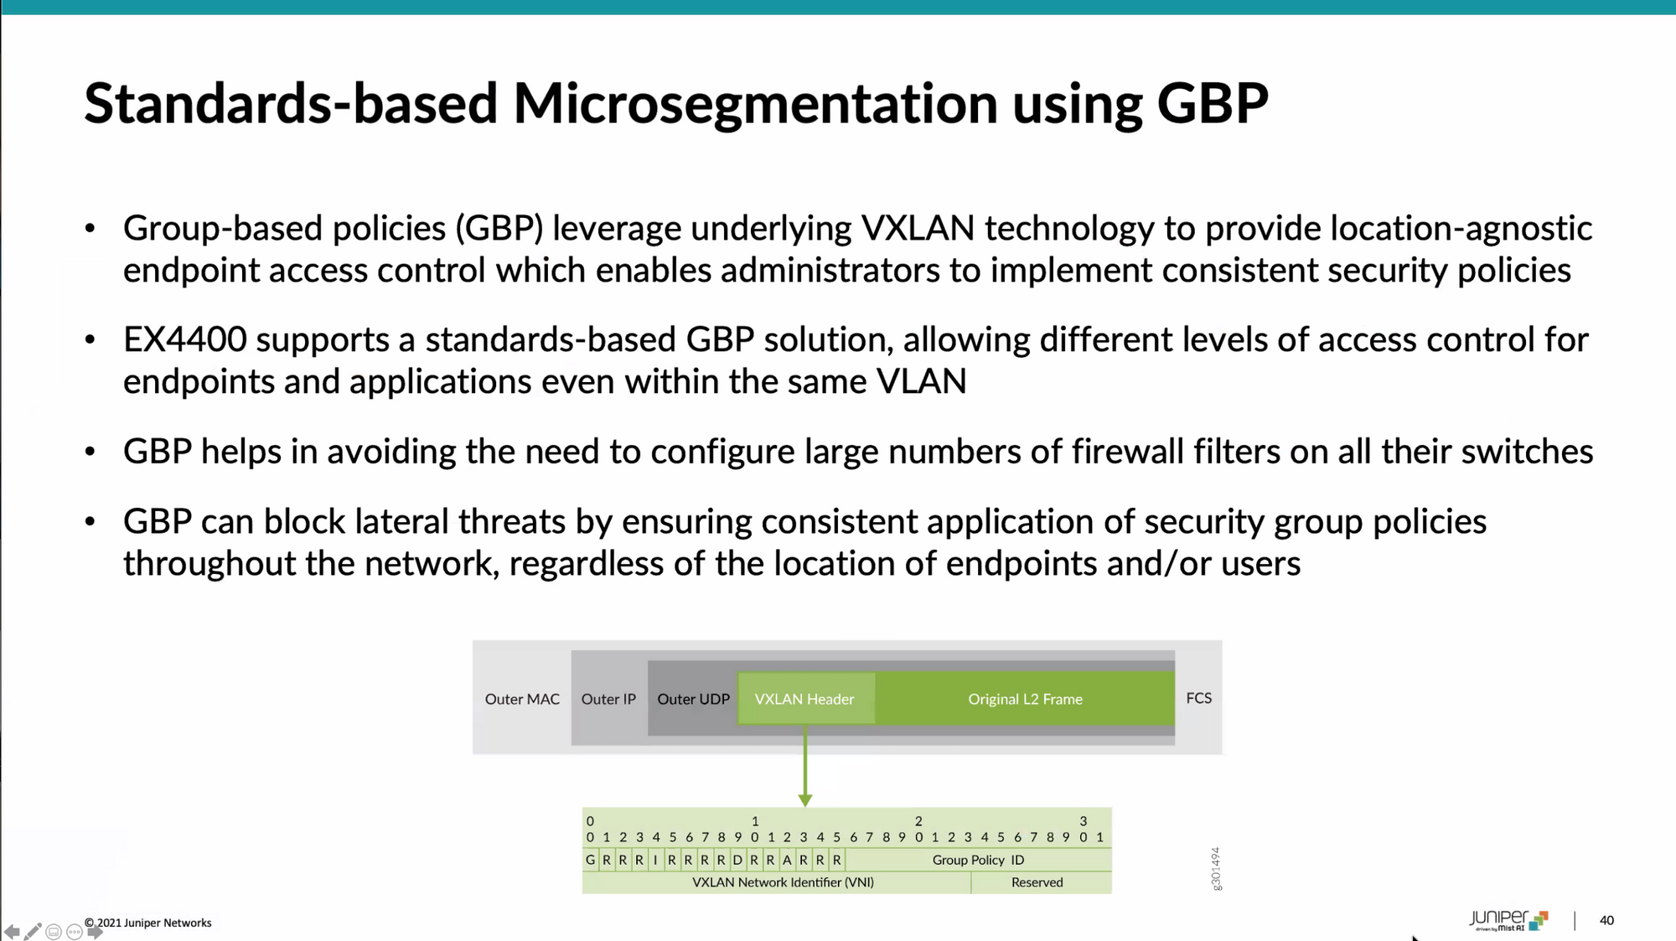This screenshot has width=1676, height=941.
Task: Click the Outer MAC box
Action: point(522,699)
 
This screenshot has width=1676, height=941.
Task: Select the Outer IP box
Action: point(608,699)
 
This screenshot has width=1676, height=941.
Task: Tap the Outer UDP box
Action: point(693,699)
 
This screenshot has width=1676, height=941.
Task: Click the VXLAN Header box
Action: point(804,699)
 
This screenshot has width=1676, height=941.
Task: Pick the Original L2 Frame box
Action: point(1025,699)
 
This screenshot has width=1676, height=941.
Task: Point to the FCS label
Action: point(1198,698)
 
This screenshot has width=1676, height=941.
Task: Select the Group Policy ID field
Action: point(978,860)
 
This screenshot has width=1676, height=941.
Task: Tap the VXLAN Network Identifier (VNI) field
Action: point(783,882)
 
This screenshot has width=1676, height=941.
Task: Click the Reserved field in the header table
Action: point(1037,882)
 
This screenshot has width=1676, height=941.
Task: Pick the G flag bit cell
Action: point(591,860)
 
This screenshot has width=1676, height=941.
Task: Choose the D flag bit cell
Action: point(737,860)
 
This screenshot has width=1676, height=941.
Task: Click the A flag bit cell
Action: point(787,860)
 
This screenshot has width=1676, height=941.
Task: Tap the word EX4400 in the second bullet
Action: point(184,339)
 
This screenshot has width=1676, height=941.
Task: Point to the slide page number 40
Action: point(1606,920)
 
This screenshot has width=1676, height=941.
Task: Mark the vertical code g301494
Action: point(1216,868)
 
